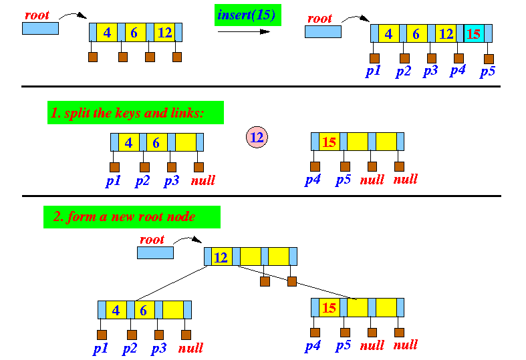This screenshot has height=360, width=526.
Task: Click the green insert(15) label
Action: click(x=247, y=15)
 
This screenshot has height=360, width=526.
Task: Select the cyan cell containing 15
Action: click(x=474, y=33)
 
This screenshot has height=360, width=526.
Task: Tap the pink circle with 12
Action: click(x=257, y=138)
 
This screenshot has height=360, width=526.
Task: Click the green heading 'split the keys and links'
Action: click(x=136, y=113)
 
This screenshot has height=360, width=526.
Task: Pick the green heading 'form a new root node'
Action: click(x=132, y=217)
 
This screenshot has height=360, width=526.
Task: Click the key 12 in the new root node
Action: click(x=221, y=256)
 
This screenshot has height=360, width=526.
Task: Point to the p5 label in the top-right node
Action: click(x=488, y=71)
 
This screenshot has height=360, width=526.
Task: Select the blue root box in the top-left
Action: click(x=40, y=29)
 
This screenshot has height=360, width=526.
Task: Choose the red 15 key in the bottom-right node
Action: click(x=329, y=307)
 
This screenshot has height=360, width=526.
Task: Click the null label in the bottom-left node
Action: click(x=190, y=348)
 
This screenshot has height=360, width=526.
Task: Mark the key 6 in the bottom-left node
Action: click(x=144, y=310)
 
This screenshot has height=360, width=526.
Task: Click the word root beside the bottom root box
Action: click(x=152, y=239)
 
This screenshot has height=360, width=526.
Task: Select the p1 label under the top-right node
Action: click(x=373, y=71)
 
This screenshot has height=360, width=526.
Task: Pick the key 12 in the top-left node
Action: click(x=164, y=32)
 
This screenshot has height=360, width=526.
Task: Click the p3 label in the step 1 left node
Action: click(x=170, y=180)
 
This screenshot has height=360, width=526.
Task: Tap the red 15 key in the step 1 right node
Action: click(x=329, y=142)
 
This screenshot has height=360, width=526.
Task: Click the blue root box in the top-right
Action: click(x=323, y=32)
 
